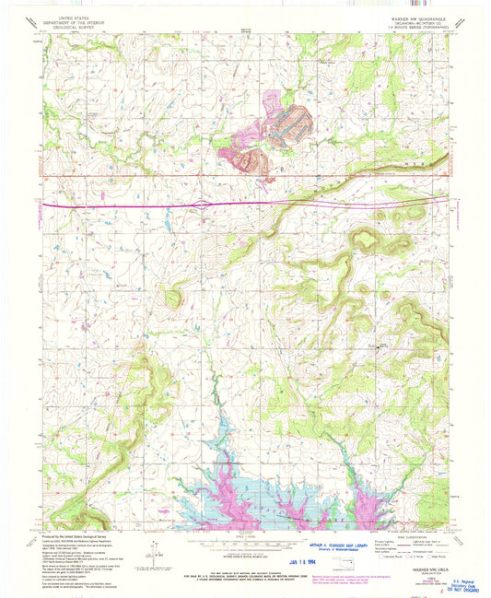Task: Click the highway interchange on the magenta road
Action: click(202, 205)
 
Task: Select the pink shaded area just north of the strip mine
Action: click(274, 99)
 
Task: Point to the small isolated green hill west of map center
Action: click(172, 297)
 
